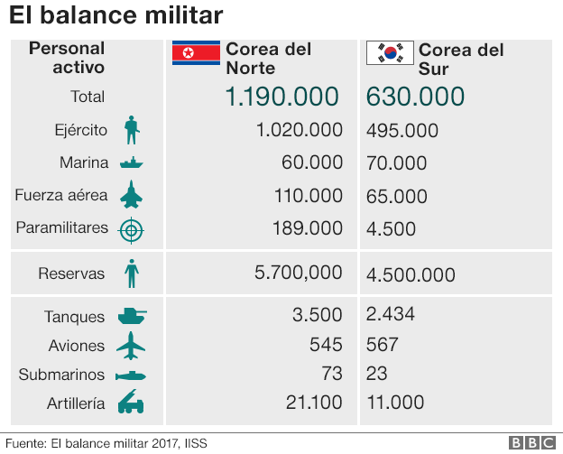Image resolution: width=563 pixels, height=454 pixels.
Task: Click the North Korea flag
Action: click(196, 54)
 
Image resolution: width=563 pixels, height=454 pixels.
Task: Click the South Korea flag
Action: click(389, 54)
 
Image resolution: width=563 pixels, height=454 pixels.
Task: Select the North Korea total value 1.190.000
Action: click(281, 97)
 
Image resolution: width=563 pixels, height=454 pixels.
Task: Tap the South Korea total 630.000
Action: click(416, 97)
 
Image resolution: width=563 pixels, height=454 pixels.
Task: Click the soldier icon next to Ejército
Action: click(132, 130)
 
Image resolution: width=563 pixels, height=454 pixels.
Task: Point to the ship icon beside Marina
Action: click(132, 163)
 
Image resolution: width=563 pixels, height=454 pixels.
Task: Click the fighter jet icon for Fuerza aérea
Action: click(132, 195)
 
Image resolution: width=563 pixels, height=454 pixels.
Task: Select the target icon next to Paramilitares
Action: click(132, 229)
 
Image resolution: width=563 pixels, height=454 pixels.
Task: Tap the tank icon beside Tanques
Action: click(132, 316)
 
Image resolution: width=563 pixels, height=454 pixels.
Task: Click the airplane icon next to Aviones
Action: click(132, 346)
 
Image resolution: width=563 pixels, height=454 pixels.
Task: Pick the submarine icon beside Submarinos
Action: click(132, 375)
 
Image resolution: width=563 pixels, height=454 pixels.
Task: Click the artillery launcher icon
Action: click(132, 403)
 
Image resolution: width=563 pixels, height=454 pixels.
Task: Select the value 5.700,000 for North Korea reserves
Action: click(299, 273)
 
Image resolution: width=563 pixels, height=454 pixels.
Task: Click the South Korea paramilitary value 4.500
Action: click(391, 229)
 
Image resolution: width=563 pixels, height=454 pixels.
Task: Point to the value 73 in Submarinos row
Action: click(330, 374)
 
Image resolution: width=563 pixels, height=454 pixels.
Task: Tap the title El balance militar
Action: click(115, 16)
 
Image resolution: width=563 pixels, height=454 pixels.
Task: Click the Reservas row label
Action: click(71, 273)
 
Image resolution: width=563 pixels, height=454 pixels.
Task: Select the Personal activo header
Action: click(67, 58)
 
